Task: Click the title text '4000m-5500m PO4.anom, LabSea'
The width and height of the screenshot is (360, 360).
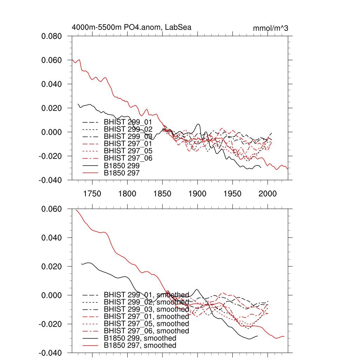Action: pos(131,27)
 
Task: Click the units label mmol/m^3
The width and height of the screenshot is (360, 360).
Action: pos(271,28)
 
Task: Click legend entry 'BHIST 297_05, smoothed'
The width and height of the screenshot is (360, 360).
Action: pos(146,323)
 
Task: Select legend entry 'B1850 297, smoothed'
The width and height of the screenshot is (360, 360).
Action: pos(140,346)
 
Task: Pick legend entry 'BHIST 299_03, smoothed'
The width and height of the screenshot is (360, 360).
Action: pos(146,309)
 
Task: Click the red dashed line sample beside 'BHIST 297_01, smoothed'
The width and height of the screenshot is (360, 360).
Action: pos(90,316)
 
